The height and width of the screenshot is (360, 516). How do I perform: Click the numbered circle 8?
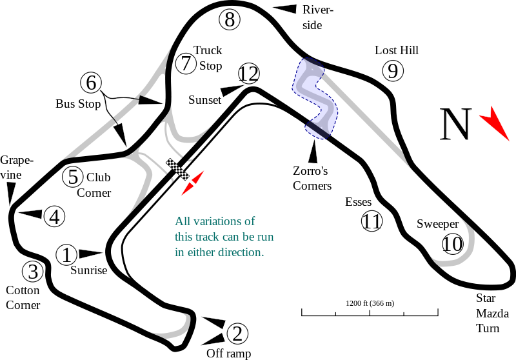229,19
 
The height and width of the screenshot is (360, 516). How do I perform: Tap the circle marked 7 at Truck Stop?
185,63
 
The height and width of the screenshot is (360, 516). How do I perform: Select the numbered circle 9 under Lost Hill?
392,70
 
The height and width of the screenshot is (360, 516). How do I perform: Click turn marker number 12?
248,74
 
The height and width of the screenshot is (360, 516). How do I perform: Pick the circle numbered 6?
91,83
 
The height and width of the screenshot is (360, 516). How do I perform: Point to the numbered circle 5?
73,177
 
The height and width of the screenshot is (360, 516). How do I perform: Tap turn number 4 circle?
55,217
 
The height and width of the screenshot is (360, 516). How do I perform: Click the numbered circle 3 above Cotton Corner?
32,272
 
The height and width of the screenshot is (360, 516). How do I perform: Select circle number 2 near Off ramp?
237,334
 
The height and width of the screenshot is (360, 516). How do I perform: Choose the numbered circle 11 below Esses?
372,222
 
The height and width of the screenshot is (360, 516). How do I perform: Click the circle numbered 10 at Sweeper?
453,244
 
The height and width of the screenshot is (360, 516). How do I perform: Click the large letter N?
455,125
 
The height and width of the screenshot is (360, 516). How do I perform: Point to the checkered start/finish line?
178,169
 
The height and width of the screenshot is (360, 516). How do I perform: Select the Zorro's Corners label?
312,178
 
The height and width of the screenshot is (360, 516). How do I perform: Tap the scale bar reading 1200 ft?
370,312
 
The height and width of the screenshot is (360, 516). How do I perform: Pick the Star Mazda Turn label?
488,314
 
